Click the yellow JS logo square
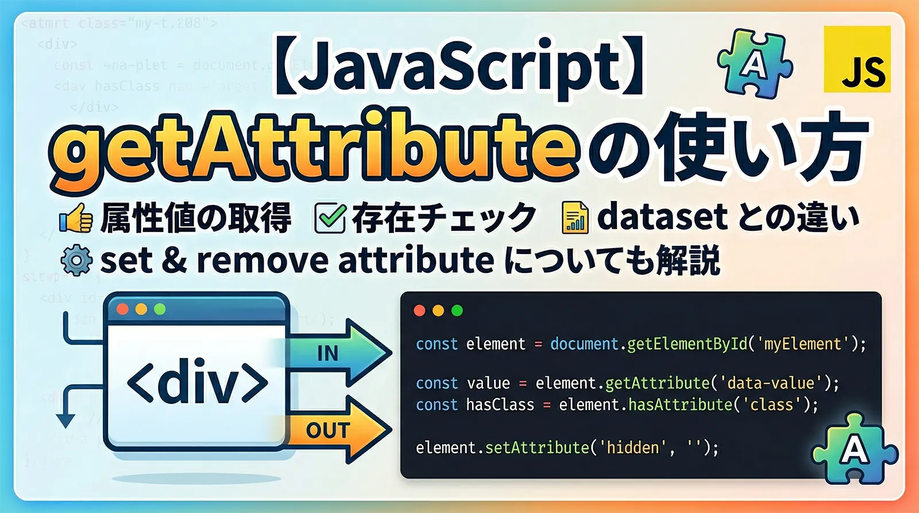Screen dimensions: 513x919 [x=857, y=59]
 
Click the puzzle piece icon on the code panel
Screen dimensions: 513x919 [x=854, y=449]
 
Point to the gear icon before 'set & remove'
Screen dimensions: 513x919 [x=76, y=261]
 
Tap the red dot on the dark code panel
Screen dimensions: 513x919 [x=419, y=311]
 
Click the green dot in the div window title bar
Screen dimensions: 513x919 [x=160, y=310]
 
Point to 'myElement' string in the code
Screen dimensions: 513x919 [x=802, y=344]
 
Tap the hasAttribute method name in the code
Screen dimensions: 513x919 [x=680, y=405]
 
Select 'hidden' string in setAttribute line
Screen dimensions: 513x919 [x=632, y=448]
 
